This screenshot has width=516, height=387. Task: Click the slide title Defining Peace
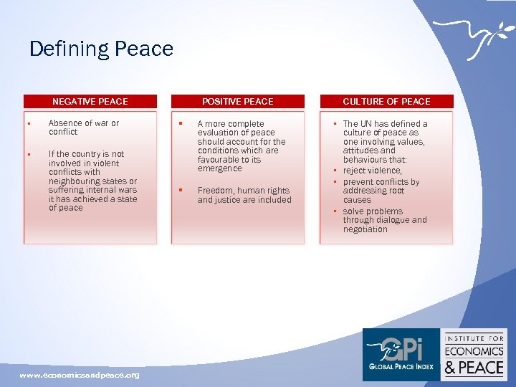pos(101,49)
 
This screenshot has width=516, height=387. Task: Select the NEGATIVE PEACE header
pos(90,102)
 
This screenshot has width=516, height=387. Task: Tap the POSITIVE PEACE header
pos(237,102)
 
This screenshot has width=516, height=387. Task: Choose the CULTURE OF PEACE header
pos(386,102)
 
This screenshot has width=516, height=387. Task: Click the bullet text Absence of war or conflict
pos(83,128)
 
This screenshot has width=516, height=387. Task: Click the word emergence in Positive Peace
pos(219,168)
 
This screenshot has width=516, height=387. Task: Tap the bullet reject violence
pos(372,171)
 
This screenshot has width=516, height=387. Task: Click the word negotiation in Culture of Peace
pos(365,229)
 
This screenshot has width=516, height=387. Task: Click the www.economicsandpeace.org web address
pos(80,375)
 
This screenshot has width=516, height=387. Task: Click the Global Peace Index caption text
pos(401,367)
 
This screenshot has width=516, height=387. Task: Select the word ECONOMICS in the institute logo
pos(474,351)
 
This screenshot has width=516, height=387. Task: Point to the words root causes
pos(373,196)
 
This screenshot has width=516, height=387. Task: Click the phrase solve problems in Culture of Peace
pos(373,211)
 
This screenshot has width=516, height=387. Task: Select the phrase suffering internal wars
pos(92,190)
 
